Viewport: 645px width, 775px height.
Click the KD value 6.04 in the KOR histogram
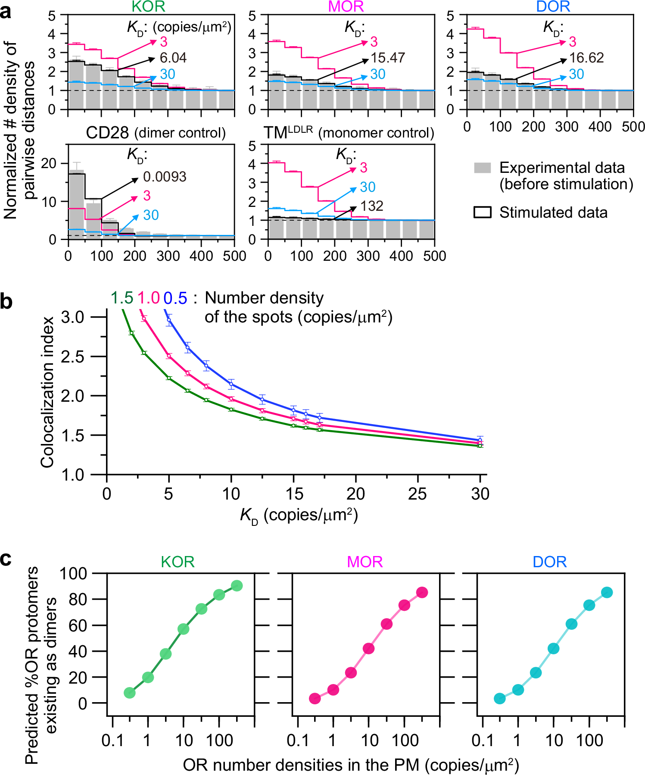point(173,58)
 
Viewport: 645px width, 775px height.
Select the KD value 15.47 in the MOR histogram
point(388,58)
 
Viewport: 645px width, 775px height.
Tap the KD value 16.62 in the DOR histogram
point(586,58)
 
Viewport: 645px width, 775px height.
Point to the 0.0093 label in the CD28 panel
point(165,177)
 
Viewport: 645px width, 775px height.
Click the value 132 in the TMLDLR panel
point(372,206)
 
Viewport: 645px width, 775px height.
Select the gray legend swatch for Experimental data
point(482,168)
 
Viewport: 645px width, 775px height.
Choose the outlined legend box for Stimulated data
point(482,212)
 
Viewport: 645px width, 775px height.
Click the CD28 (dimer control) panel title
point(156,133)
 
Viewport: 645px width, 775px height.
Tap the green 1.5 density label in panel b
point(122,298)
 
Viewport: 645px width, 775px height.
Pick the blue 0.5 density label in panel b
point(175,298)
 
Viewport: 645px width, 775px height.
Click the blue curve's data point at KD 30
point(480,440)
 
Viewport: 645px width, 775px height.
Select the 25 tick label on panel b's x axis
point(417,494)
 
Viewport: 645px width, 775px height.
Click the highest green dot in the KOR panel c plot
point(237,586)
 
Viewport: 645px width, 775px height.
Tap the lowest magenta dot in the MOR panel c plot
point(315,698)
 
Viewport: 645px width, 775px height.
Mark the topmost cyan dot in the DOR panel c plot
point(607,592)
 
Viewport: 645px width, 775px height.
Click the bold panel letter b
point(6,301)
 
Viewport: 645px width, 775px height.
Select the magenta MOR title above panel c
point(365,562)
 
